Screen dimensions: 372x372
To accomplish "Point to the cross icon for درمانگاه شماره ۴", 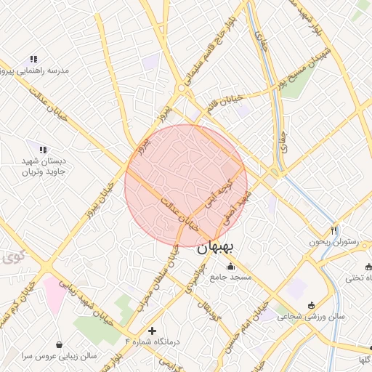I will [x=151, y=331].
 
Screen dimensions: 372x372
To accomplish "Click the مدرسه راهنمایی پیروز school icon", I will [x=33, y=59].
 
